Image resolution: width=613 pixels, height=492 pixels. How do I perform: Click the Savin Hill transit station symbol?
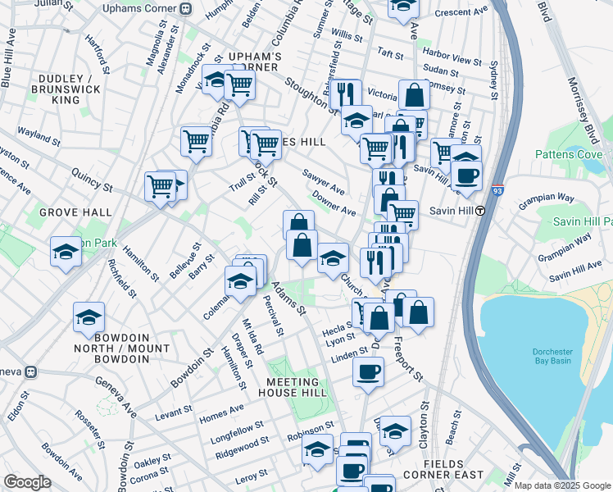point(481,210)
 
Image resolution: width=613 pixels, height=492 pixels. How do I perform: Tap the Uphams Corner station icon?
point(185,9)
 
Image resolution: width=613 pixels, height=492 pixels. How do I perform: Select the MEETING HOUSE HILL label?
point(292,388)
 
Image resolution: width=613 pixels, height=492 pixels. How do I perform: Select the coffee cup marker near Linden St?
point(368,371)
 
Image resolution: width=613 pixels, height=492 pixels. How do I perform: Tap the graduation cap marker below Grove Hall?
point(66,252)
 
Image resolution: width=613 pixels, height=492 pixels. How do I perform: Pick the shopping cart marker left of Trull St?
point(197,141)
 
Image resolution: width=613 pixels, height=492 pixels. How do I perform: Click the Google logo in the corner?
point(28,482)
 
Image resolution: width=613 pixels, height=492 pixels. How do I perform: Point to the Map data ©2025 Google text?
point(561,485)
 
